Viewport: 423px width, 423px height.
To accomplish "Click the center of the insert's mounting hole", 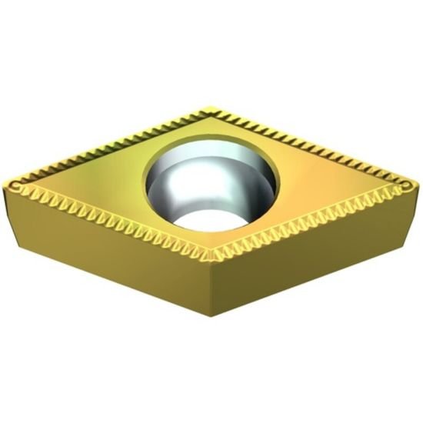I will click(211, 183).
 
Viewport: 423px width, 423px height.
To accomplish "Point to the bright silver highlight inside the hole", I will click(173, 185).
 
